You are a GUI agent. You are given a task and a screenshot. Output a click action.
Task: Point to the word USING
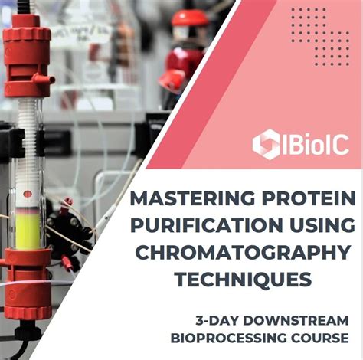coord(317,227)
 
